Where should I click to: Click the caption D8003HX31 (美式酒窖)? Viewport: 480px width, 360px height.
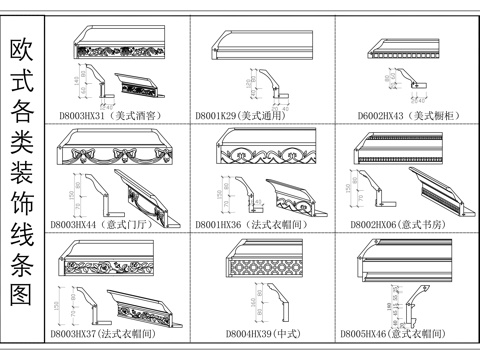click(107, 117)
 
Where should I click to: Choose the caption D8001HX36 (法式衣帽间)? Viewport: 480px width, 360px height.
click(256, 227)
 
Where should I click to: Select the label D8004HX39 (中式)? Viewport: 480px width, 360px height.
click(254, 332)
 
